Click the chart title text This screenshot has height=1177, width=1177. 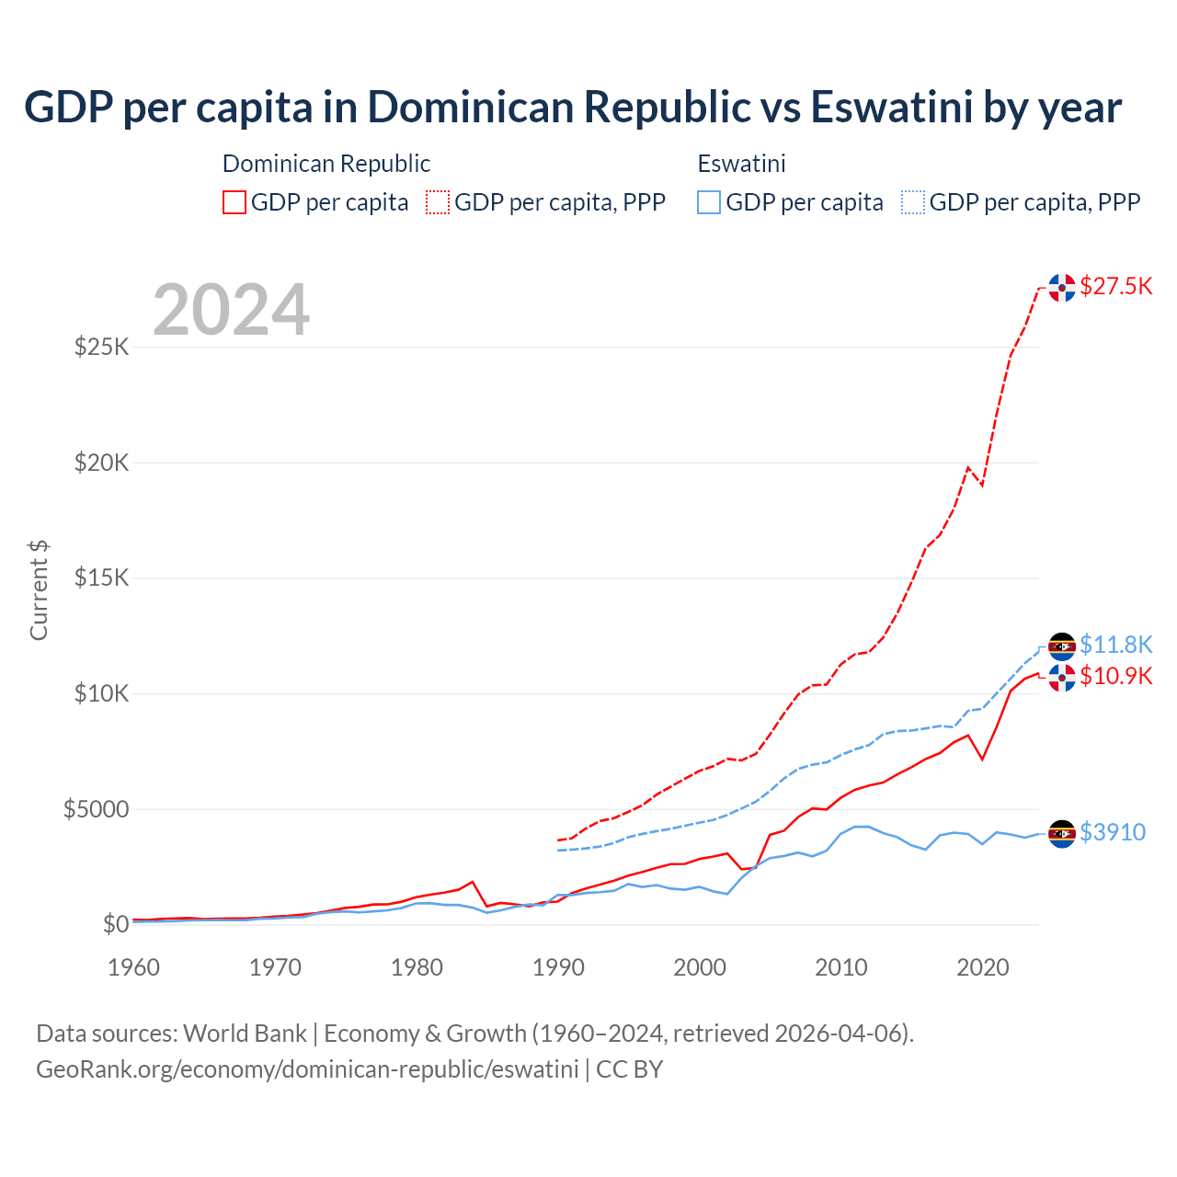(x=572, y=107)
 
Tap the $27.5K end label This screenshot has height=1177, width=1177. (x=1115, y=286)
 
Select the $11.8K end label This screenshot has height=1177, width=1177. (x=1115, y=645)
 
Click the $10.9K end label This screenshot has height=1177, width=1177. (x=1115, y=676)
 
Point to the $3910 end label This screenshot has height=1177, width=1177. (x=1112, y=832)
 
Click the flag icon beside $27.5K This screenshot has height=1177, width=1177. (x=1062, y=287)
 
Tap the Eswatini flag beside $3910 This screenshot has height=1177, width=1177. (x=1062, y=833)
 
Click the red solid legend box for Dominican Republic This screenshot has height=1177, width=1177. (x=234, y=202)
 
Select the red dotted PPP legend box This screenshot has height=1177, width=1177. (x=438, y=202)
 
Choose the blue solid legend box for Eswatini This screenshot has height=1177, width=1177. (x=709, y=202)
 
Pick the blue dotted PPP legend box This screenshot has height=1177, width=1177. (x=913, y=202)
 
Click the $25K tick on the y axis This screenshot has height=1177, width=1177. (x=101, y=347)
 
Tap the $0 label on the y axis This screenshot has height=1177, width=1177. (x=115, y=924)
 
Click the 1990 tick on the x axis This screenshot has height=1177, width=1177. (x=558, y=967)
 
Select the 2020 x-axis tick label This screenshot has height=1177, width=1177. (x=983, y=967)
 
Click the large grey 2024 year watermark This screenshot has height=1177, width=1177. (x=231, y=310)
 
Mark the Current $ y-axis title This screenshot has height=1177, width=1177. (x=39, y=590)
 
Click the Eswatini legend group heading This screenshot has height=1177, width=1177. (x=741, y=164)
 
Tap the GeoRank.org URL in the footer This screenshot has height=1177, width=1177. (x=307, y=1069)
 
